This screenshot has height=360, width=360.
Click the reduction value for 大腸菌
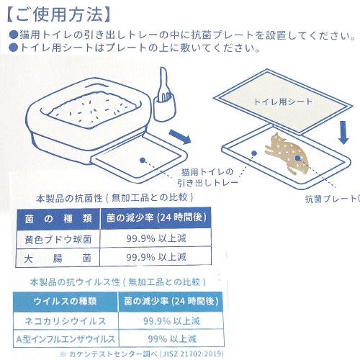156,256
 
